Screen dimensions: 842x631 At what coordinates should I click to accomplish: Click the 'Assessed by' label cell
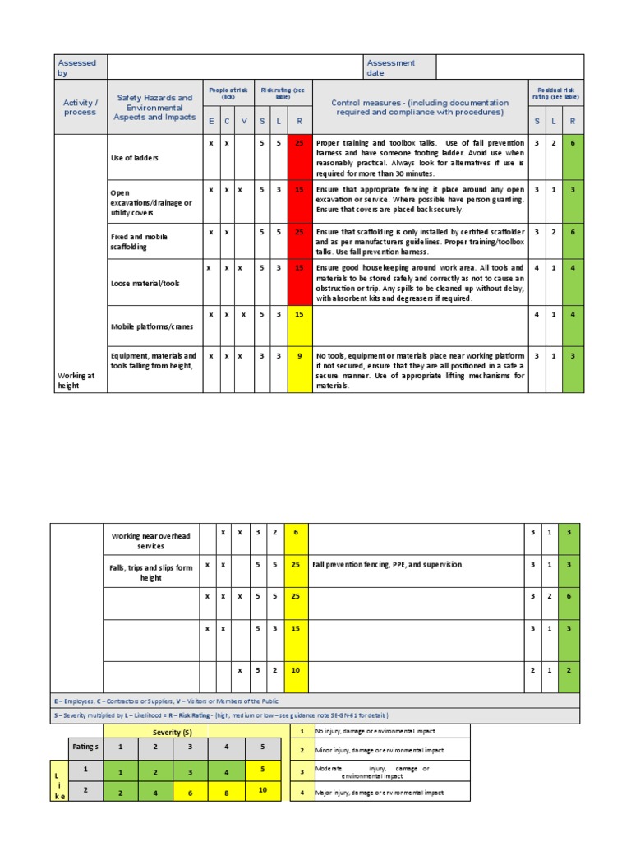76,67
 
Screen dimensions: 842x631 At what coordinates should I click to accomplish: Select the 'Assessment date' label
391,67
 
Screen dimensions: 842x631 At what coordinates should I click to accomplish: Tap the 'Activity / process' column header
80,108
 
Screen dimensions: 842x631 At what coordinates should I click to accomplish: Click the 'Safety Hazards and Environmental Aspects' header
154,108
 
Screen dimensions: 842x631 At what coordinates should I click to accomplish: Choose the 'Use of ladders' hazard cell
135,158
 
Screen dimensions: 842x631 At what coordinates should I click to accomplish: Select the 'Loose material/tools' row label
145,284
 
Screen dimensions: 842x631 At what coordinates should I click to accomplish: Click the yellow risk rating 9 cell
298,356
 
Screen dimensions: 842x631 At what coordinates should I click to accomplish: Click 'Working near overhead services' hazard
150,541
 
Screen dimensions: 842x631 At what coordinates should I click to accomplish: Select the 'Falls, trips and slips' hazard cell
150,572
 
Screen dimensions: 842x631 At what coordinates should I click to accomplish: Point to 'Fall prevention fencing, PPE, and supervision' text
388,565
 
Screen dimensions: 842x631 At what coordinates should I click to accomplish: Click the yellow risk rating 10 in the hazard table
296,670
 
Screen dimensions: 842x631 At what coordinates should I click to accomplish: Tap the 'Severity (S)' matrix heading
172,732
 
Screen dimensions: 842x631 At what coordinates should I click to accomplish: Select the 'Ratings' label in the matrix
85,747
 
